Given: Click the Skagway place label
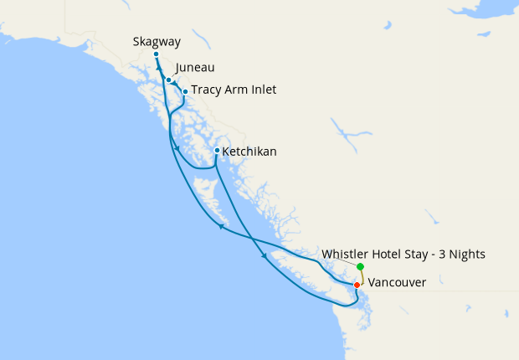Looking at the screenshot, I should [157, 41].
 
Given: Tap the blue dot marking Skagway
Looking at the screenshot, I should [157, 54].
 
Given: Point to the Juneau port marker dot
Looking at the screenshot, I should [169, 80].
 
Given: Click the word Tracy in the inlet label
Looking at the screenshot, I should [206, 90].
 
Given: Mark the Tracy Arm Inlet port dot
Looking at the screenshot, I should [185, 91].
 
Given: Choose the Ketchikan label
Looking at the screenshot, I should [249, 152].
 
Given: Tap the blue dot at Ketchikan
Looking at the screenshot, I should [217, 151].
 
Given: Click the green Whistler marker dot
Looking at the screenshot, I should [360, 267].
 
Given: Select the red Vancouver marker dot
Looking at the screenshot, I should [357, 285].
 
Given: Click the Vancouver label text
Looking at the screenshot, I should [398, 283].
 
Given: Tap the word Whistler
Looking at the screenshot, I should [346, 255].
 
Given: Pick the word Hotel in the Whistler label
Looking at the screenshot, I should [390, 255].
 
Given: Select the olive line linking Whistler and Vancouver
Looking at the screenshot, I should [360, 276].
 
